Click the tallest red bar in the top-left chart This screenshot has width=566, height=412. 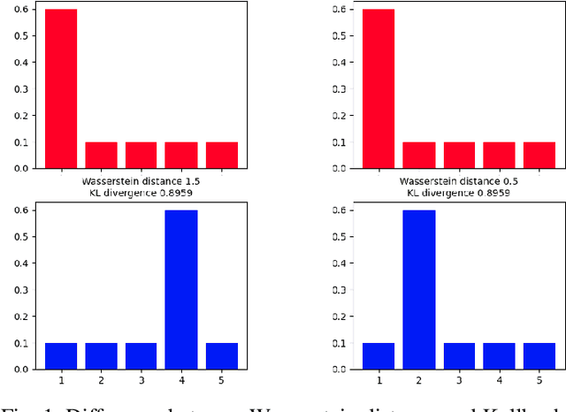click(61, 88)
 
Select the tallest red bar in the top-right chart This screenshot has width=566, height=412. click(378, 88)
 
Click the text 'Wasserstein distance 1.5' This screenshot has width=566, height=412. click(141, 181)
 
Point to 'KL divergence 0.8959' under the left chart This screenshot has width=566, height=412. click(141, 193)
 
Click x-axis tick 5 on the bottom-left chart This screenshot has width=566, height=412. click(222, 380)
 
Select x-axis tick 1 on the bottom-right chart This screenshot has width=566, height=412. click(378, 380)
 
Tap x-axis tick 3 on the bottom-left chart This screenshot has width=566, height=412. click(141, 380)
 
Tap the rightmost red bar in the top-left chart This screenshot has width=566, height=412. click(222, 154)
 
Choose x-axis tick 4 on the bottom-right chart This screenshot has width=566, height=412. click(499, 380)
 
